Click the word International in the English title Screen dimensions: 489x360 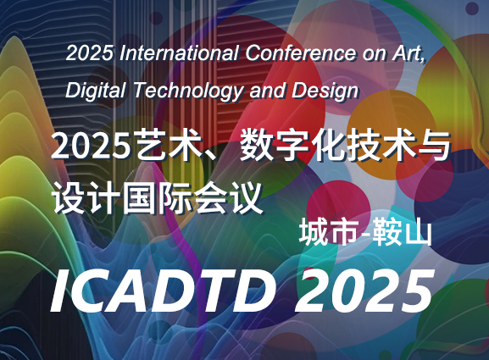(x=180, y=53)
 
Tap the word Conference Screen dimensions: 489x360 (x=300, y=53)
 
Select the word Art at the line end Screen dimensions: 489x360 (x=408, y=53)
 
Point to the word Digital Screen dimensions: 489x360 (x=96, y=91)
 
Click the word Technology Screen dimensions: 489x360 (x=189, y=91)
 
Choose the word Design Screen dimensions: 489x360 (x=325, y=91)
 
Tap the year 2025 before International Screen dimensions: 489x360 (x=90, y=53)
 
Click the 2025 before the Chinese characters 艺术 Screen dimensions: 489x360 (x=91, y=146)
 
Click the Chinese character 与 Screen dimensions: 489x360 (x=435, y=146)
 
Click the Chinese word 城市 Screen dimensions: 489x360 (x=327, y=232)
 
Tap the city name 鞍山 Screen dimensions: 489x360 (x=403, y=232)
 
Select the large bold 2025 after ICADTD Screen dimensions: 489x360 (x=364, y=291)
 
